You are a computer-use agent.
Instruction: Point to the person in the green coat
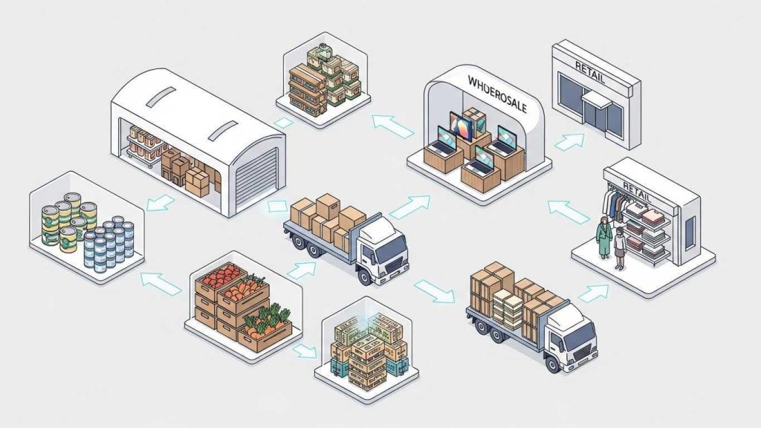coord(603,236)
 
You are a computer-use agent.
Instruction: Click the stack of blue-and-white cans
coord(109,241)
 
